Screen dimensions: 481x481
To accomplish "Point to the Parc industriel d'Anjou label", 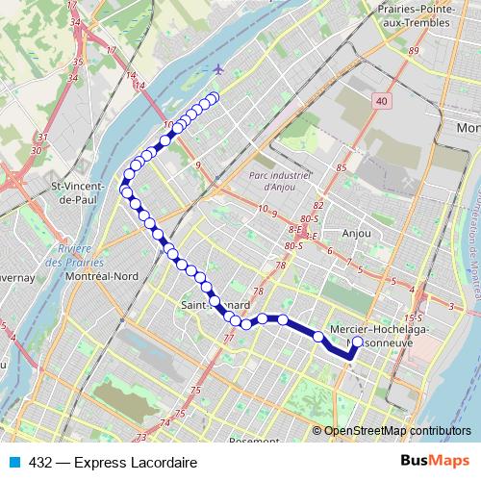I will (280, 181).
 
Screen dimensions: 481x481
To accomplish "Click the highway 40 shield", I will (383, 101).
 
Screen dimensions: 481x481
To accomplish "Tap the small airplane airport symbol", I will (220, 69).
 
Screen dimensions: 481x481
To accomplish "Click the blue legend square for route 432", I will (13, 463).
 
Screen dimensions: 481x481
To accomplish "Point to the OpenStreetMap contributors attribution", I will (397, 431).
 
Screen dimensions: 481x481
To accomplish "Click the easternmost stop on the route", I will (358, 342).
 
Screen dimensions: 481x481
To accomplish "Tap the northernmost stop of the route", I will (214, 96).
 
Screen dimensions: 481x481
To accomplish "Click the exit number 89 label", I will (415, 51).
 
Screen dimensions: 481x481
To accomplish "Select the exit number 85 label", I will (340, 169).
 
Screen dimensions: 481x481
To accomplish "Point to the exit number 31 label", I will (38, 138).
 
